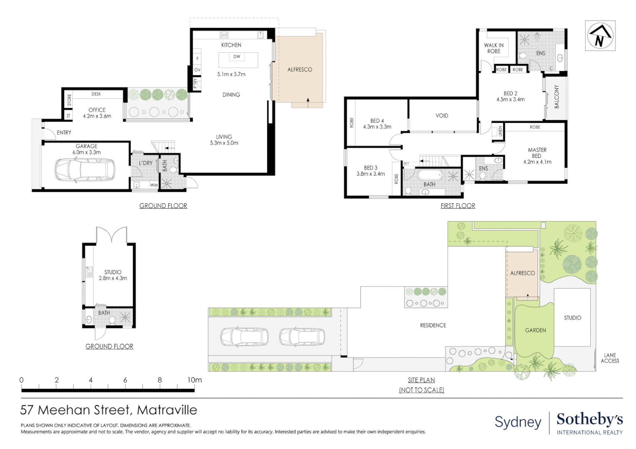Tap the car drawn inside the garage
coord(85,170)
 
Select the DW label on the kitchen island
coord(236,57)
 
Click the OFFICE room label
coord(97,110)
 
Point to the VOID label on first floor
coord(442,116)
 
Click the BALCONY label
coord(556,96)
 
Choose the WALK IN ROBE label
coord(494,48)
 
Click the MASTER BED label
coord(537,153)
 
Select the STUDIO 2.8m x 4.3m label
coord(113,275)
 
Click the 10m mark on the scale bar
coord(194,380)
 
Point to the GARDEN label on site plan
coord(535,330)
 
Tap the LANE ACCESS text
coord(610,358)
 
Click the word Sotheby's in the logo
coord(590,419)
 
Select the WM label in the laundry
coord(154,185)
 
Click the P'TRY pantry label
coord(195,84)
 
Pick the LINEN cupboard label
coord(500,131)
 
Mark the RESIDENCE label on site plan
coord(433,326)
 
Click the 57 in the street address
coord(27,410)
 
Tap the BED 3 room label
coord(370,168)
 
